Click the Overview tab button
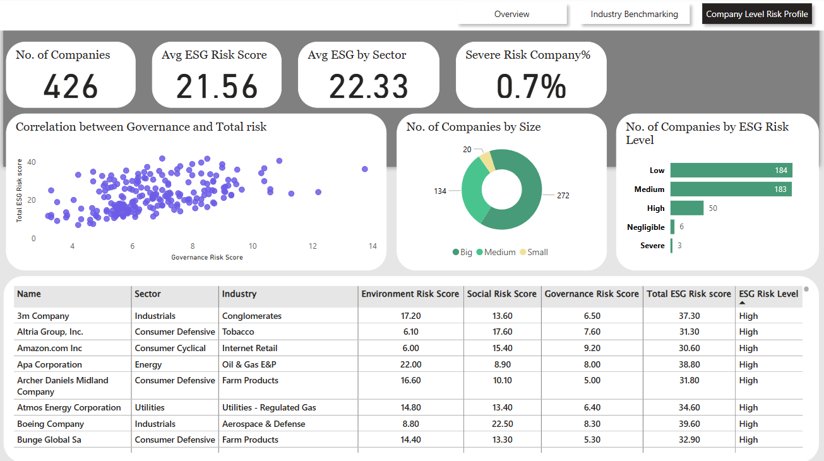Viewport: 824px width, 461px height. tap(511, 14)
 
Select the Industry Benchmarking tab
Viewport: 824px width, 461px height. tap(634, 14)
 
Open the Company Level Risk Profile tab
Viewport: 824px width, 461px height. tap(756, 14)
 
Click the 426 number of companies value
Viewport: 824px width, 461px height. tap(71, 87)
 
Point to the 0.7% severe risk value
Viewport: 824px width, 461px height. tap(530, 87)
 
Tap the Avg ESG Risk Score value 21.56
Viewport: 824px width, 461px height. tap(217, 87)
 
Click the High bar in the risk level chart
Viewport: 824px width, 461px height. tap(687, 208)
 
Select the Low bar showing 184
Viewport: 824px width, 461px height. tap(731, 170)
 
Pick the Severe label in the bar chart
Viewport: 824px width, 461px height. tap(652, 246)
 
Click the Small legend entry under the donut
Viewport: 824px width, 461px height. tap(534, 252)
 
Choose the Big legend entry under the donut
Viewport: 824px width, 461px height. tap(462, 252)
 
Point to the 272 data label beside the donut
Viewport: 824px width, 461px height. tap(563, 195)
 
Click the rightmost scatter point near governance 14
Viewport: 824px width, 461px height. tap(364, 169)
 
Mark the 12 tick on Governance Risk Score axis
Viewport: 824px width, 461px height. tap(313, 246)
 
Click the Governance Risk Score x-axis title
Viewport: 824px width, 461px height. tap(206, 257)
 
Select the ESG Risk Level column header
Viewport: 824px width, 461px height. tap(768, 294)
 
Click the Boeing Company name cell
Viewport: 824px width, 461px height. tap(50, 424)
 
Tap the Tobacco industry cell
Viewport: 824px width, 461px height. tap(238, 332)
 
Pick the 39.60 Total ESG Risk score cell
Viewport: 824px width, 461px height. tap(688, 424)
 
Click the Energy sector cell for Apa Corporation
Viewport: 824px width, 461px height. tap(148, 364)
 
